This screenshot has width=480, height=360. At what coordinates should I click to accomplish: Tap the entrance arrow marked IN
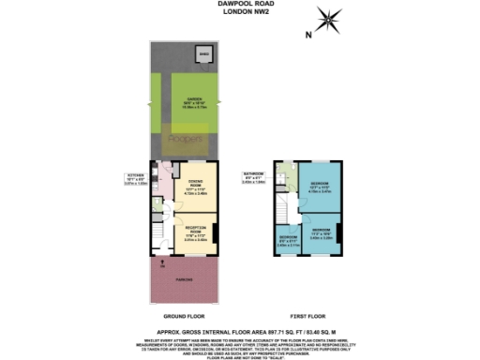coord(162,265)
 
